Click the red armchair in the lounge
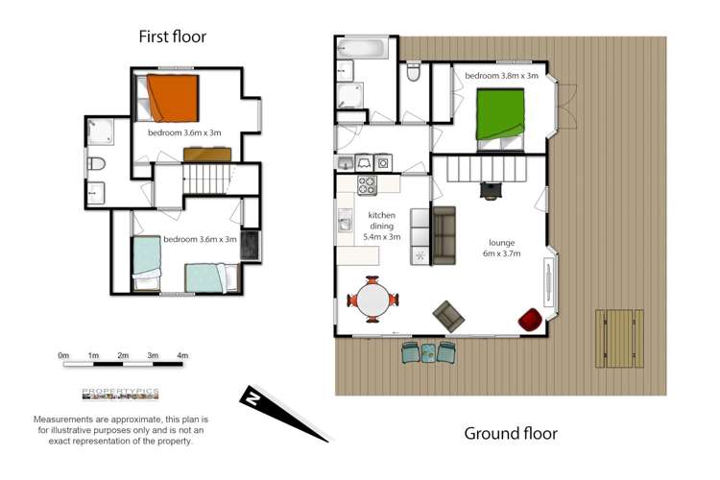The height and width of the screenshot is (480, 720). click(x=530, y=319)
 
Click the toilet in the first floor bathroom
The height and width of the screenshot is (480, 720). click(x=96, y=164)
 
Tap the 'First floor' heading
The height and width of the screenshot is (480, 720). click(x=173, y=37)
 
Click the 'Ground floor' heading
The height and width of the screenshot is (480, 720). click(x=511, y=433)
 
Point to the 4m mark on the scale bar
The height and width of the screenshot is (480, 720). click(x=182, y=356)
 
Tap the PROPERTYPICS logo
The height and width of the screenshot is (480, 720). click(x=120, y=394)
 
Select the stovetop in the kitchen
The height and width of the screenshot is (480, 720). click(x=367, y=185)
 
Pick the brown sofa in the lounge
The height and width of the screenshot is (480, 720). click(x=444, y=235)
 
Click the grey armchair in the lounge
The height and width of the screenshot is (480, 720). click(x=446, y=313)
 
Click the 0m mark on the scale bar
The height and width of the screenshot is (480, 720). click(x=64, y=356)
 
